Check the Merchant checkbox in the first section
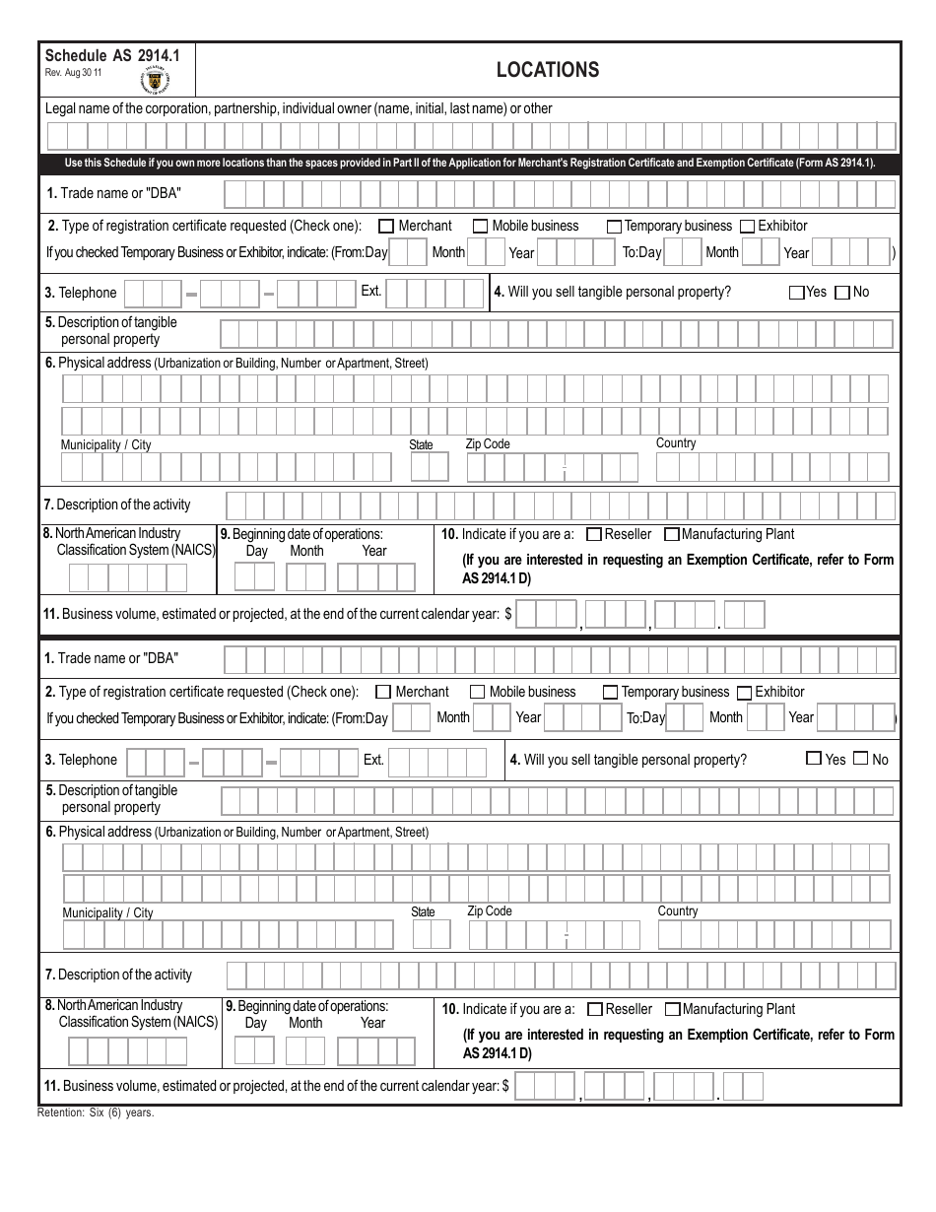coord(386,226)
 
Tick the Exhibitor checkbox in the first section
coord(747,227)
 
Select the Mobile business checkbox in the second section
coord(477,692)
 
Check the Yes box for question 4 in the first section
coord(796,293)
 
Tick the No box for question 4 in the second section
coord(860,759)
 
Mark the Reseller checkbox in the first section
coord(593,535)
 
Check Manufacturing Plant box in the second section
coord(672,1009)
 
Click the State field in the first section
coord(430,467)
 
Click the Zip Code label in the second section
coord(490,911)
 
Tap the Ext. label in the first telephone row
coord(370,292)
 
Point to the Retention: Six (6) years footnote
coord(96,1111)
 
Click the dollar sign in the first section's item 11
coord(507,614)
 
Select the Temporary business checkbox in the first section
coord(613,227)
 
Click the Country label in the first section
coord(676,443)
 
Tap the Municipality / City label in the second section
coord(107,913)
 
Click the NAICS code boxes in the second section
coord(127,1051)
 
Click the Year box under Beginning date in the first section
coord(376,576)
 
